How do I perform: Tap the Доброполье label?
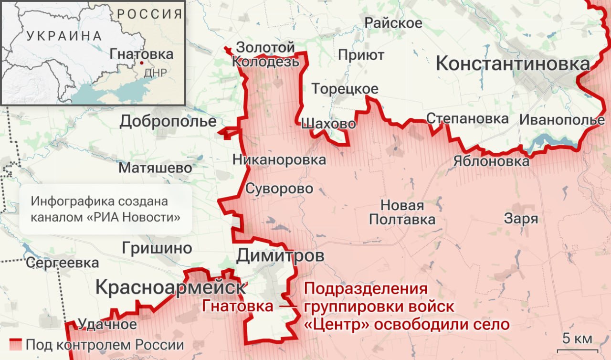pyautogui.click(x=168, y=122)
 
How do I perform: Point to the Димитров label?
pyautogui.click(x=280, y=256)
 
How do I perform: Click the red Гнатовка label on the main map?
pyautogui.click(x=237, y=306)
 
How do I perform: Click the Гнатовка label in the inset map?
pyautogui.click(x=141, y=54)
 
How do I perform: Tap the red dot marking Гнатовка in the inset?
pyautogui.click(x=142, y=63)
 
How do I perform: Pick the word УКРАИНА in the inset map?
pyautogui.click(x=64, y=36)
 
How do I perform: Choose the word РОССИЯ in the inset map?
pyautogui.click(x=149, y=13)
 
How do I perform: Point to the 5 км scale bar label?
pyautogui.click(x=577, y=339)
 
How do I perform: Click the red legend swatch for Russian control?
pyautogui.click(x=16, y=344)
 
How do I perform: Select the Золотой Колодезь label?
pyautogui.click(x=266, y=54)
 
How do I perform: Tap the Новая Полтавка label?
pyautogui.click(x=402, y=212)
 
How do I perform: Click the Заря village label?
pyautogui.click(x=521, y=219)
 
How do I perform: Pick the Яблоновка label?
pyautogui.click(x=492, y=161)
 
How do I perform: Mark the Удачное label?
pyautogui.click(x=107, y=325)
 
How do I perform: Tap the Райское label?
pyautogui.click(x=393, y=23)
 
